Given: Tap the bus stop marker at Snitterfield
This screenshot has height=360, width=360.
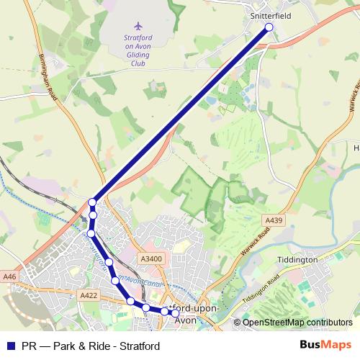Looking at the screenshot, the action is click(269, 27).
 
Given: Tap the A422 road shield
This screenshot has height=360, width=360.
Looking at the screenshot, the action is click(89, 295).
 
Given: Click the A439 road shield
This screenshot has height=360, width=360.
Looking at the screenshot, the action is click(274, 219).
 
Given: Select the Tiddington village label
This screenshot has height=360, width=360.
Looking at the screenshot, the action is click(297, 259).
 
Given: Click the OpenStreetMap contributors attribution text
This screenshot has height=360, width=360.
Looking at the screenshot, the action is click(297, 323).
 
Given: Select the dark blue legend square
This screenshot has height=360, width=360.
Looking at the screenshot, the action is click(10, 346).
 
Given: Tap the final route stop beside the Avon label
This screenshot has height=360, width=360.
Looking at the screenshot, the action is click(175, 312).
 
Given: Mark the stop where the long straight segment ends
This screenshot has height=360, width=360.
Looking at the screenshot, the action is click(92, 203).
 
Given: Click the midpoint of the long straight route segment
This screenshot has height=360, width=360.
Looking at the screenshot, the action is click(181, 115).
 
